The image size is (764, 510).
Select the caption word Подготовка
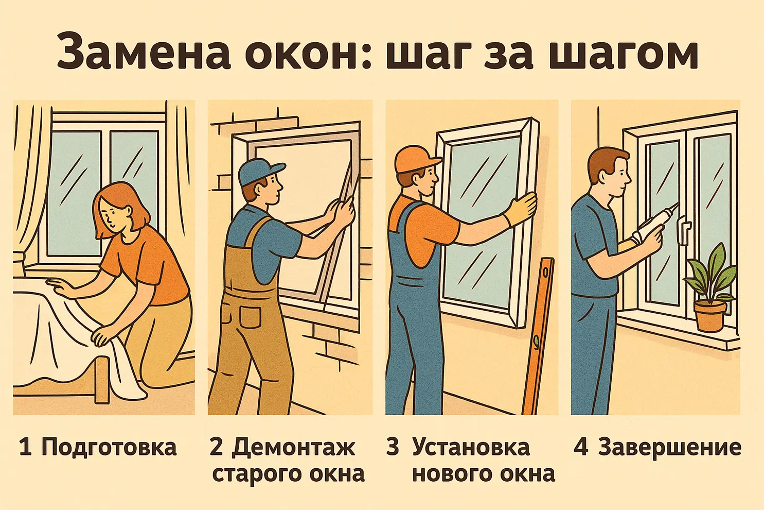tap(109, 447)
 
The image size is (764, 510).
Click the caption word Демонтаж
tap(293, 447)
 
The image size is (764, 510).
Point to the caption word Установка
tap(471, 447)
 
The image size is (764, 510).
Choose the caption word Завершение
tap(669, 447)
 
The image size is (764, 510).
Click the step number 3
tap(393, 447)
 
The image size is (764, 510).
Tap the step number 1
tap(25, 447)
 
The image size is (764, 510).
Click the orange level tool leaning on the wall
tap(538, 335)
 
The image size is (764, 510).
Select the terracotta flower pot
tap(709, 315)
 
